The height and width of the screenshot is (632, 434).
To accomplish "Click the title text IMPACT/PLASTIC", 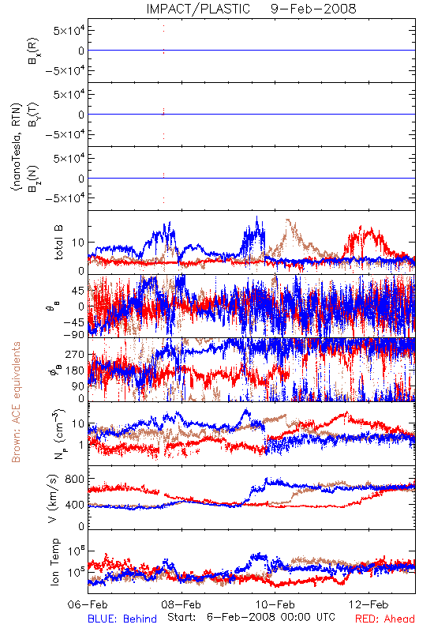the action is (198, 9).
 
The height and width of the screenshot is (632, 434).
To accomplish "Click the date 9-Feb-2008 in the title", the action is (313, 9).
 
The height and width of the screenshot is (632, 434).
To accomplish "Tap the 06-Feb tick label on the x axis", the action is (88, 604).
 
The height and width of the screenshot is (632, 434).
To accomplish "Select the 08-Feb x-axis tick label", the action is (181, 604).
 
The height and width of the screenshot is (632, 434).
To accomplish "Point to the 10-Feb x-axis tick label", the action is (275, 604).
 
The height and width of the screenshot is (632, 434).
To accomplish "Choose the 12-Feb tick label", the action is (369, 604).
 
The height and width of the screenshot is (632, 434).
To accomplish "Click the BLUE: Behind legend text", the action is (122, 619).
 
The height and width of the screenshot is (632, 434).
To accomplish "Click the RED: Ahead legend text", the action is (385, 619).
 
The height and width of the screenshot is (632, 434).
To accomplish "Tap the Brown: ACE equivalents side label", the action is (16, 402).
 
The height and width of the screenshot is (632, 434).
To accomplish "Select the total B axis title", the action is (58, 243).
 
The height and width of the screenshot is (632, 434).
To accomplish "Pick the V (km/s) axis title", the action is (53, 498).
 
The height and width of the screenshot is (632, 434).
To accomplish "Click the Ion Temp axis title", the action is (54, 562).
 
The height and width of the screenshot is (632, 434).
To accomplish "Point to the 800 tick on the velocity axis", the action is (75, 479).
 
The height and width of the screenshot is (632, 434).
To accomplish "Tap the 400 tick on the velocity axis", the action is (75, 504).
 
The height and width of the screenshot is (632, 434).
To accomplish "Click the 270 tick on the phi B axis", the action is (75, 354).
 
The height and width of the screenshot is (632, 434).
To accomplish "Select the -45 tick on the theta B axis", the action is (73, 322).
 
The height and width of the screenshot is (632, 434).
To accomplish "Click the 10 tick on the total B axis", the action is (78, 243).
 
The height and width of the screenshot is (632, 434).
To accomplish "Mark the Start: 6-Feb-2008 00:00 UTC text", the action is (251, 617).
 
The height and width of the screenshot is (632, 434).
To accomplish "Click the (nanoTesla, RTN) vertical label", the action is (16, 147).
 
